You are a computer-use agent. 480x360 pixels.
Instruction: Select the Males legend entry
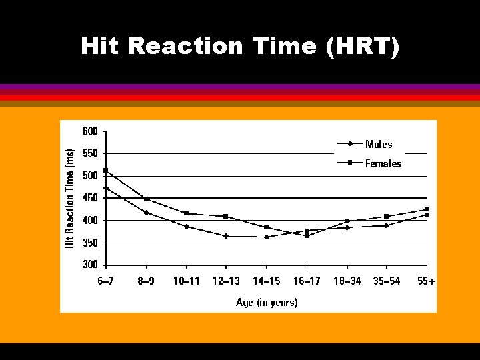[378, 144]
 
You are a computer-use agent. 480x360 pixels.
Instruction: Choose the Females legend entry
[383, 163]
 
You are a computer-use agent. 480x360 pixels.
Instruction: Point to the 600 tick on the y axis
[90, 131]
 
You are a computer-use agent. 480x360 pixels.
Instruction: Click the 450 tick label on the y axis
[90, 198]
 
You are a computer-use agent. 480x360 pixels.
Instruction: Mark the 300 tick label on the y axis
[90, 265]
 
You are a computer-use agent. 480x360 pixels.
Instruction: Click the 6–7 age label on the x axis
[105, 281]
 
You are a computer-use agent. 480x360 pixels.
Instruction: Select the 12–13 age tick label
[226, 281]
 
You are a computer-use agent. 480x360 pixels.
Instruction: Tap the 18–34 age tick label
[347, 281]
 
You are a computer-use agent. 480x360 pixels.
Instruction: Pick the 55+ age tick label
[425, 281]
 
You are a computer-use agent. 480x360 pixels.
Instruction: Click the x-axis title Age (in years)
[267, 303]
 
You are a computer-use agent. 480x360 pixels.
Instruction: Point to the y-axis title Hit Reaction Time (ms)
[69, 199]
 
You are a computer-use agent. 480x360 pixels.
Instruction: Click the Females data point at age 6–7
[105, 171]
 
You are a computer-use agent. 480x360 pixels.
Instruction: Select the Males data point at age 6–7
[105, 188]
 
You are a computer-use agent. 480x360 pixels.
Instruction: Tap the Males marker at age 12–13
[226, 236]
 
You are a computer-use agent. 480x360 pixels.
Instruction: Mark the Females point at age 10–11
[186, 213]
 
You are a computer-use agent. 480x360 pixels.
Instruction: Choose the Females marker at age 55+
[427, 209]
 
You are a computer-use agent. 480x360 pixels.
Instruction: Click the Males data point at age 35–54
[387, 225]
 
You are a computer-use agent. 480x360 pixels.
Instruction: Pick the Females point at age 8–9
[146, 199]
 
